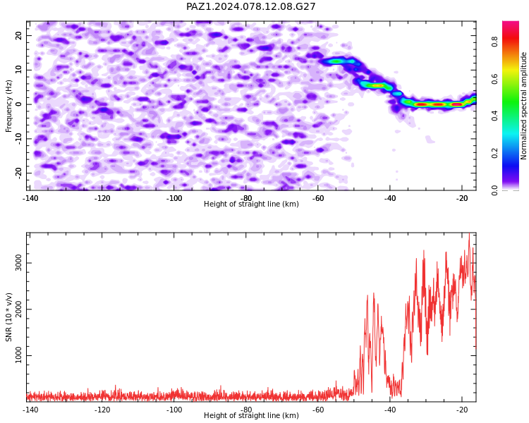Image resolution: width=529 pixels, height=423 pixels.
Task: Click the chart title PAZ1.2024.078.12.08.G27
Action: [250, 6]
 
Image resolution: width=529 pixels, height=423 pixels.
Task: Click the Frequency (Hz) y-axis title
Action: [8, 106]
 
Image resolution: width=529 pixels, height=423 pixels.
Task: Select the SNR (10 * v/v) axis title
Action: [8, 317]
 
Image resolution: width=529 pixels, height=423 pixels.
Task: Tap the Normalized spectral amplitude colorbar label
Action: [523, 106]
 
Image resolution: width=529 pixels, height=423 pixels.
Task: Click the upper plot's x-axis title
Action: [251, 204]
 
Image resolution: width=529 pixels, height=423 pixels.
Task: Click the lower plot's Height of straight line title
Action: [251, 415]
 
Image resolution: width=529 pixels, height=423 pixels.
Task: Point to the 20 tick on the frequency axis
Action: [18, 35]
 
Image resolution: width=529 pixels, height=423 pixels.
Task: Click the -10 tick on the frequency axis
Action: [18, 138]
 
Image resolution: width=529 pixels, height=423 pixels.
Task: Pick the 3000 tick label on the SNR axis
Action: [18, 263]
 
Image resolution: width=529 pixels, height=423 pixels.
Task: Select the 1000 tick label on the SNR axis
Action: [18, 355]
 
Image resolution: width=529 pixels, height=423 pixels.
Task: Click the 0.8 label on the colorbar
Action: [494, 42]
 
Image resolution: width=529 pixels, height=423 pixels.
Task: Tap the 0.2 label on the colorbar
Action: [494, 153]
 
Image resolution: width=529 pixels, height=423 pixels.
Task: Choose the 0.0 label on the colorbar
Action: [494, 190]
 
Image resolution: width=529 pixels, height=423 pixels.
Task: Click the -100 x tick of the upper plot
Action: [174, 198]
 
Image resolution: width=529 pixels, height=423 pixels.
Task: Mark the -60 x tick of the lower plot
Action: [318, 410]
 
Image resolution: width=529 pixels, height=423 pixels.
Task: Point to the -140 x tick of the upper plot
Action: [30, 198]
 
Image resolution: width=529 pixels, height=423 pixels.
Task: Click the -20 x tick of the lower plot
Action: [462, 410]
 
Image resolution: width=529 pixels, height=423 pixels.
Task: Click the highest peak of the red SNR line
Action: [469, 233]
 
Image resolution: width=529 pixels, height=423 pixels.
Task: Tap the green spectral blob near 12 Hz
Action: [336, 61]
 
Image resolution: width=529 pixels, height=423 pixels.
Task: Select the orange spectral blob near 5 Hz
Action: [376, 86]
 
